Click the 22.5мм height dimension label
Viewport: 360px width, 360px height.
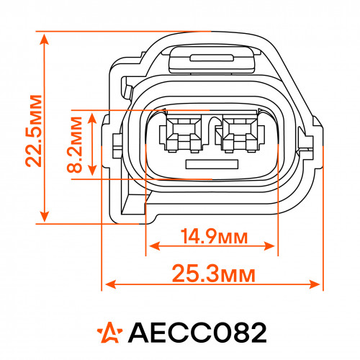tap(34, 131)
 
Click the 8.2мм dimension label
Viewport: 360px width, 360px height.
tap(75, 145)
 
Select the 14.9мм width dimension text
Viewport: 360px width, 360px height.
tap(214, 236)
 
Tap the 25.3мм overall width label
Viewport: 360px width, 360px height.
tap(214, 274)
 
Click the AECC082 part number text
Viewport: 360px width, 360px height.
tap(197, 333)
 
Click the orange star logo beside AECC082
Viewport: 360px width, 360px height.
tap(109, 333)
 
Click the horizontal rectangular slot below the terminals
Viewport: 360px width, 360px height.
tap(212, 164)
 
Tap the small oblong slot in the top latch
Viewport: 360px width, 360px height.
tap(212, 58)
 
